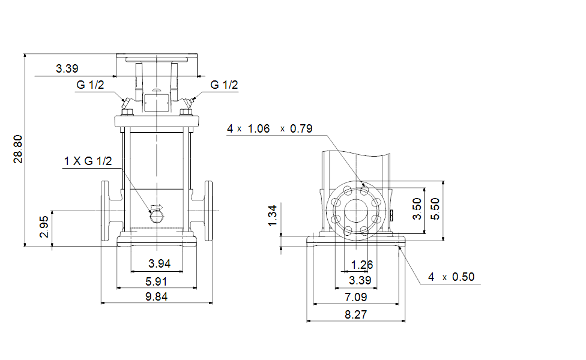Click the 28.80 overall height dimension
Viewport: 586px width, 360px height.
(18, 149)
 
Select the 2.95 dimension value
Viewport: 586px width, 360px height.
(44, 227)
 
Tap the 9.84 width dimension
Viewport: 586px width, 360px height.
(156, 296)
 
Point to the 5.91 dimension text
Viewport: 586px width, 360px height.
(156, 281)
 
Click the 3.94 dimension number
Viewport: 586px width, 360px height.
(159, 263)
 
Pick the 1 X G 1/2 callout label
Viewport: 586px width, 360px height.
(88, 161)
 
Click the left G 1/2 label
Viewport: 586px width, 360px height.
(90, 85)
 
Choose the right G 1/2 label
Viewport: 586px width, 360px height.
(224, 85)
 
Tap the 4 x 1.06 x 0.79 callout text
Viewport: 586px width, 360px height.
(270, 128)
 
